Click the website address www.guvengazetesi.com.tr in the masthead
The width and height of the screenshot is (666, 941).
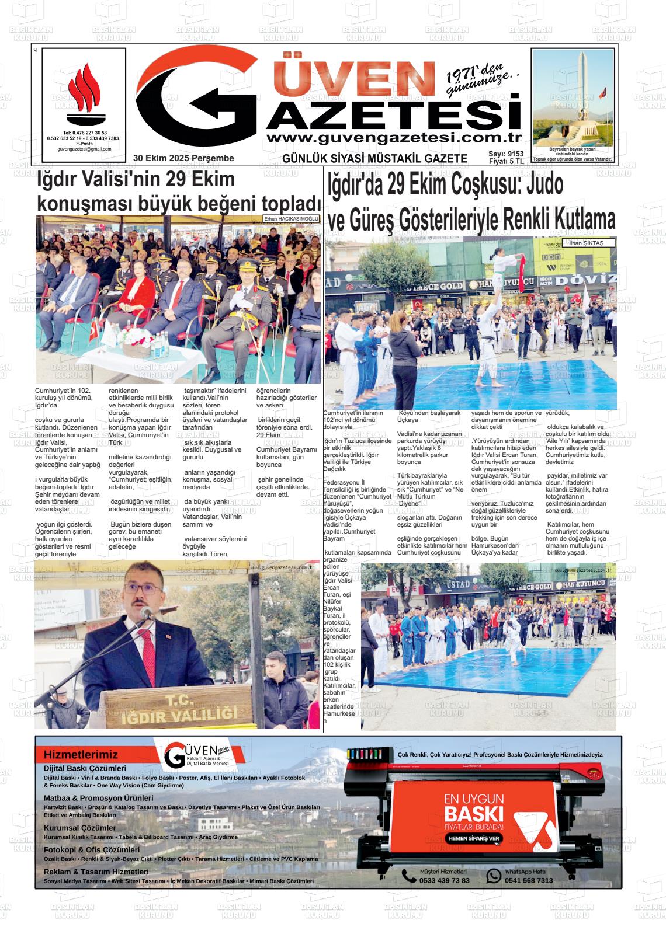coord(393,138)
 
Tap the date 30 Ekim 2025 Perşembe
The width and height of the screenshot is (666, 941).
coord(183,158)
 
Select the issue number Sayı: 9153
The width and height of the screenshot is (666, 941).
coord(506,154)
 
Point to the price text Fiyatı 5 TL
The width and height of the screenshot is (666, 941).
coord(506,162)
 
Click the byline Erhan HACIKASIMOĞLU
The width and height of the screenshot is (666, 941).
coord(290,219)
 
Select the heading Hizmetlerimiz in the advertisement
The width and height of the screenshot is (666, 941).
coord(81,755)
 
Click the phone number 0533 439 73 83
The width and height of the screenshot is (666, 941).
coord(444,880)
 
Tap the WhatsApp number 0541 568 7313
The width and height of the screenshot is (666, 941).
coord(528,880)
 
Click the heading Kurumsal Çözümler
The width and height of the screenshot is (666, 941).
coord(79,828)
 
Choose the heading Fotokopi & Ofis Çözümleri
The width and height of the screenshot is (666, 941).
coord(92,850)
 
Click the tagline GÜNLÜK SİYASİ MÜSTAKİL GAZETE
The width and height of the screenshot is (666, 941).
coord(374,159)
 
